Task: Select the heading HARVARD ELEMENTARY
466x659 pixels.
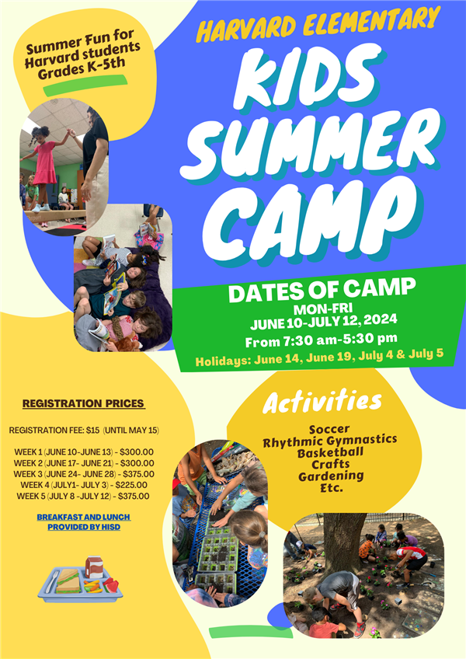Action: (x=318, y=24)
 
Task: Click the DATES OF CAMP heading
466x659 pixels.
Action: (x=322, y=290)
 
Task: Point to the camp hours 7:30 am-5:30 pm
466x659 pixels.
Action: (x=321, y=340)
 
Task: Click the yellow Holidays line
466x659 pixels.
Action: (x=319, y=357)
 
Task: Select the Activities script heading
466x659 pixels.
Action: (x=322, y=401)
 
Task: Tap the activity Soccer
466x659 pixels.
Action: (x=329, y=429)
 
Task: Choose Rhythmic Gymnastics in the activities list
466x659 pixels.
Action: (x=330, y=441)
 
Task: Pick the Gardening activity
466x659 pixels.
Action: (x=331, y=476)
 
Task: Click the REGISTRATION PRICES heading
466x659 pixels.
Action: (x=84, y=403)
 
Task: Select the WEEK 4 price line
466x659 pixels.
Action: (x=84, y=485)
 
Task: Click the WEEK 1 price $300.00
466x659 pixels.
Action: (x=137, y=452)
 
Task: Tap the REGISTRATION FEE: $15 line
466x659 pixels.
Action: (x=84, y=431)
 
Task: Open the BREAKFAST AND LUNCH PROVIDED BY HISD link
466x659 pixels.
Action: (x=84, y=522)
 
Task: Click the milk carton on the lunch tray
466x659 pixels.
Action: (x=94, y=567)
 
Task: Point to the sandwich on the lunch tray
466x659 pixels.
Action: (x=68, y=581)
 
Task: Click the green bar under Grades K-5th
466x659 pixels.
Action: (x=85, y=85)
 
